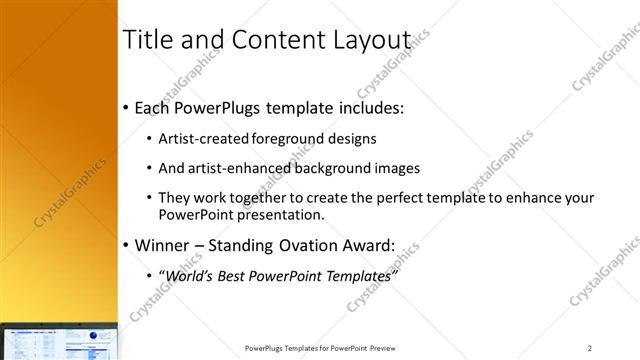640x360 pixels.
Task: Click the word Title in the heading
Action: point(145,40)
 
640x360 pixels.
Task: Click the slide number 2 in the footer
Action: point(589,347)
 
